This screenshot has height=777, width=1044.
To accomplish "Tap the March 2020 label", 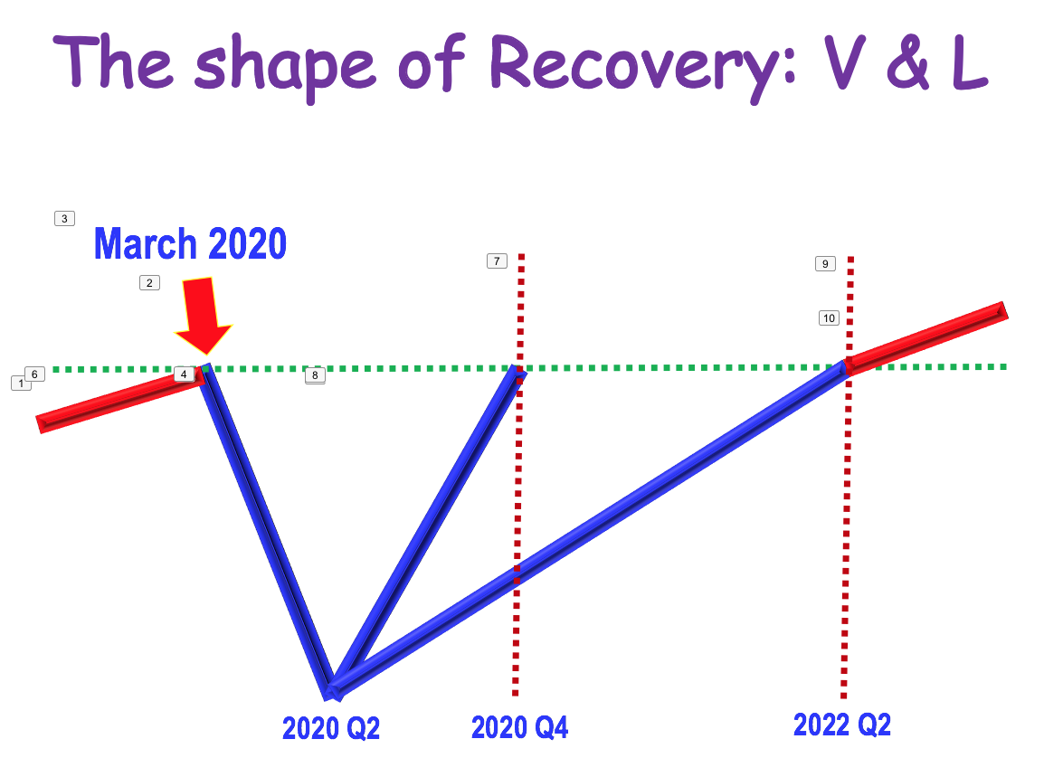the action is coord(190,243).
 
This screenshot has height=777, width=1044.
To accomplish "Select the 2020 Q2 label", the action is coord(331,728).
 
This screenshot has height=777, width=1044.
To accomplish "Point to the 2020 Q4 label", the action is coord(519,727).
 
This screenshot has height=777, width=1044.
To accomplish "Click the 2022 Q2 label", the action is coord(841,725).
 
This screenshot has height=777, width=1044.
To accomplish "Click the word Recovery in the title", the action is coord(641,65).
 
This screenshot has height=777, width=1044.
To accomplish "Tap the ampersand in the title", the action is coord(908,62).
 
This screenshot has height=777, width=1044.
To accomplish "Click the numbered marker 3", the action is coord(64,218).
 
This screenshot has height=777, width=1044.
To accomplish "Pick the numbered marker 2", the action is coord(149,283).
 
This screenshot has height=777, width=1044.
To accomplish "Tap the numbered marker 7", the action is coord(497,261).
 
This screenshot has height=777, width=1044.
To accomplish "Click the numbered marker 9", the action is coord(825,263).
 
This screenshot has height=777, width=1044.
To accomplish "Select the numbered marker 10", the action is coord(829,318).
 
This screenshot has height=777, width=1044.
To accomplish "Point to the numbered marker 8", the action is coord(315,374).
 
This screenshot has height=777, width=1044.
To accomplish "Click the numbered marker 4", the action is coord(184,374).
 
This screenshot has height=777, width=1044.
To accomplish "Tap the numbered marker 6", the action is coord(34,374).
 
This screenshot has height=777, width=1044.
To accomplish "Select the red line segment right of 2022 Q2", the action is coord(926,338).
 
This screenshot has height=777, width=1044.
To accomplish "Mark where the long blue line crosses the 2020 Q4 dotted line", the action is coord(517,573).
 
